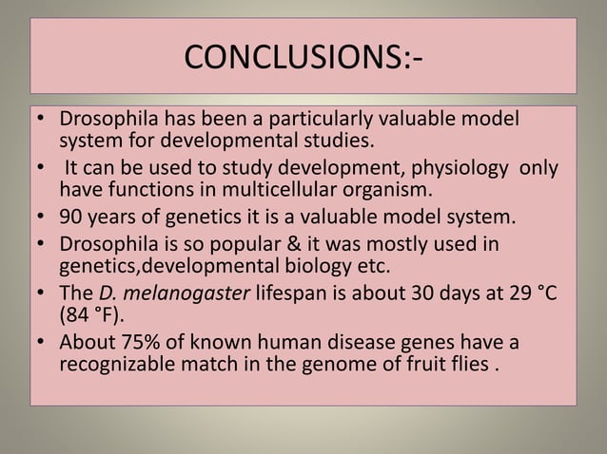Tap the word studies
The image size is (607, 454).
point(337,144)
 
